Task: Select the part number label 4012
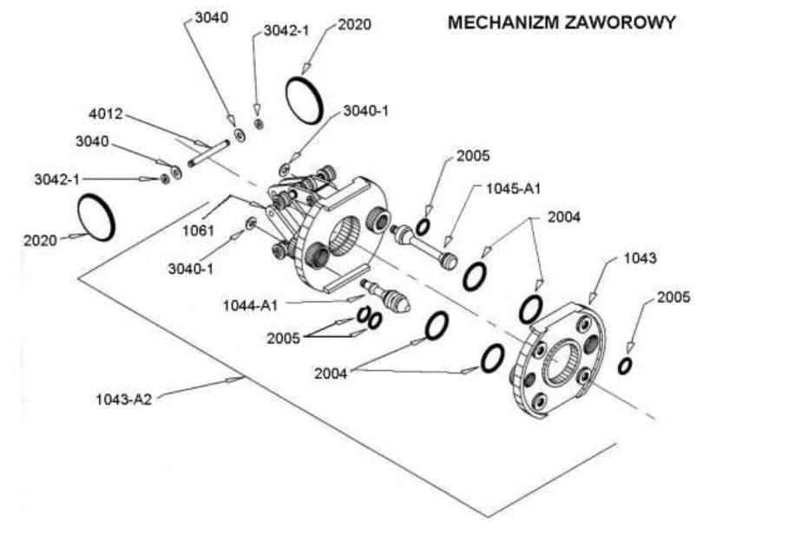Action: coord(106,114)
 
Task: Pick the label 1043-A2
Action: coord(123,400)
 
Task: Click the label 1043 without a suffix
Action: coord(640,258)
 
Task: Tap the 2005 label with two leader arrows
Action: coord(283,338)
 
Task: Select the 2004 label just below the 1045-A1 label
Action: coord(564,218)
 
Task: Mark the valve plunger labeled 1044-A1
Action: coord(386,295)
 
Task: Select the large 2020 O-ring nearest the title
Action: coord(305,99)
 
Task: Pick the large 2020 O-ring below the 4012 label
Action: coord(95,217)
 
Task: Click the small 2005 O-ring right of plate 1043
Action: coord(625,366)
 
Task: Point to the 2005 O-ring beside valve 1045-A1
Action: coord(423,227)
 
